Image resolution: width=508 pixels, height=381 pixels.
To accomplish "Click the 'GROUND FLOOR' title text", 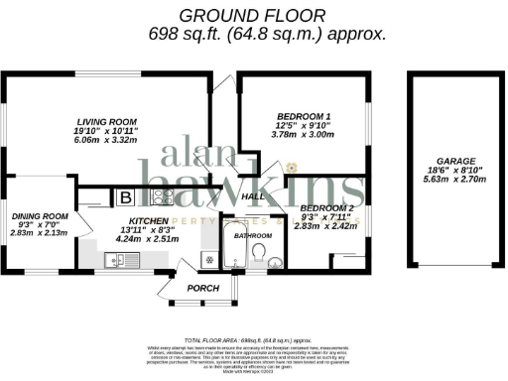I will (x=253, y=15).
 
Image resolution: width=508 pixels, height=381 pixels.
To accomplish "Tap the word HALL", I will (x=252, y=197).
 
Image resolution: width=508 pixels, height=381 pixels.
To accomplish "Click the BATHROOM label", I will (x=252, y=238).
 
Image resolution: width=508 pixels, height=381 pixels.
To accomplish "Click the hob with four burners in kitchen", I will (x=161, y=196).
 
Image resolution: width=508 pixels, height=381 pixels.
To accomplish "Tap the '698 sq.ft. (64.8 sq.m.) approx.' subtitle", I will (x=253, y=34).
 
